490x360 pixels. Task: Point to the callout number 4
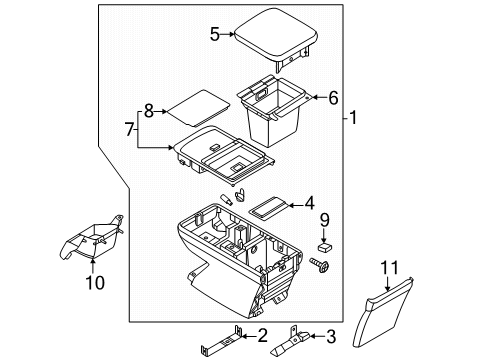click(x=310, y=203)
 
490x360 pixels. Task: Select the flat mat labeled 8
click(x=194, y=104)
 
